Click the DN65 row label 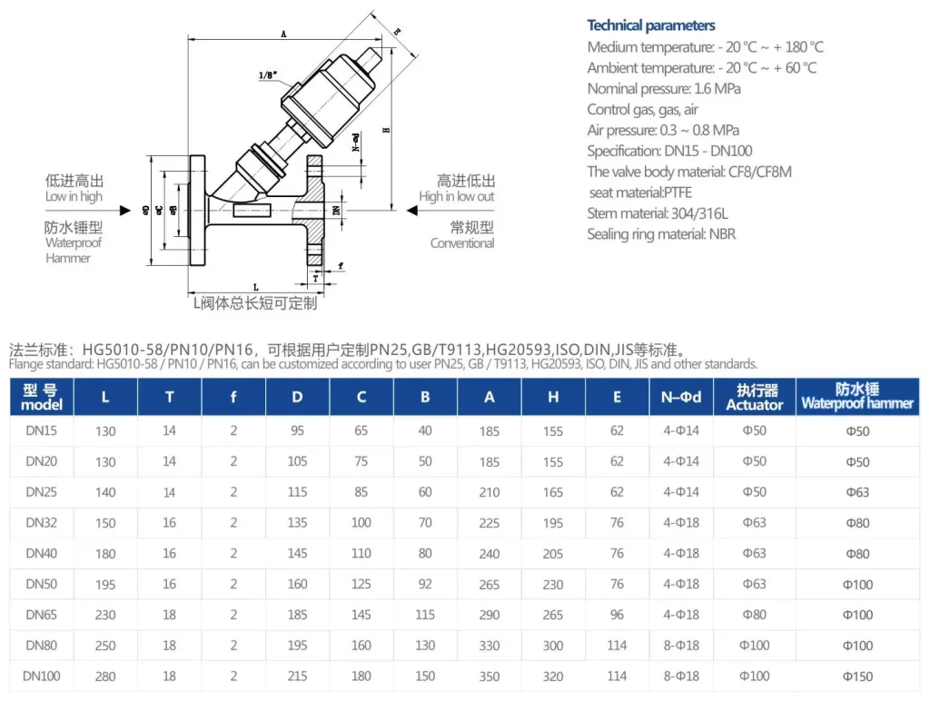coord(42,615)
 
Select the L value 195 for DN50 coord(105,584)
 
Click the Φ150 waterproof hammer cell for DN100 coord(857,676)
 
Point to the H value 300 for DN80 coord(553,646)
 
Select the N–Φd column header coord(681,397)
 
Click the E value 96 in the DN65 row coord(617,615)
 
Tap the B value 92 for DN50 coord(425,584)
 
